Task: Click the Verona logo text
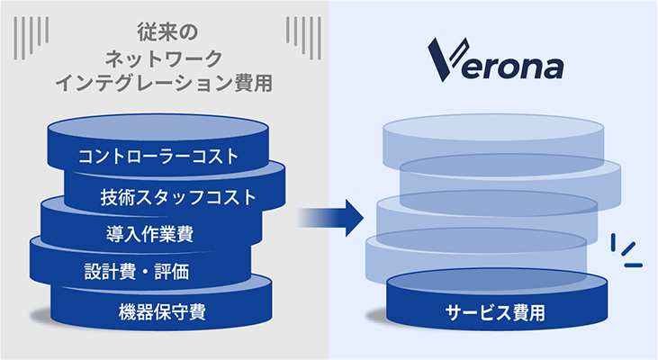496,60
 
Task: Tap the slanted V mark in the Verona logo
447,60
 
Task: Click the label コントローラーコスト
158,156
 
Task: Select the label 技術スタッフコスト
178,197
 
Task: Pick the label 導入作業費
149,234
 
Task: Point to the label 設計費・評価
137,272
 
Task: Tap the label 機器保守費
162,311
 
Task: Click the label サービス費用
495,312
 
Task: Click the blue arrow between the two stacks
330,218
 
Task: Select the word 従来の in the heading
167,32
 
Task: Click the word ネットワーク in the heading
164,58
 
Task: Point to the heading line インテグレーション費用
164,83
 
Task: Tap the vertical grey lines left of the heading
31,38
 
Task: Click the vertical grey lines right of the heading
304,38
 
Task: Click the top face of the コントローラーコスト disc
158,128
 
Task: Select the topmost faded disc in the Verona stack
493,139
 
